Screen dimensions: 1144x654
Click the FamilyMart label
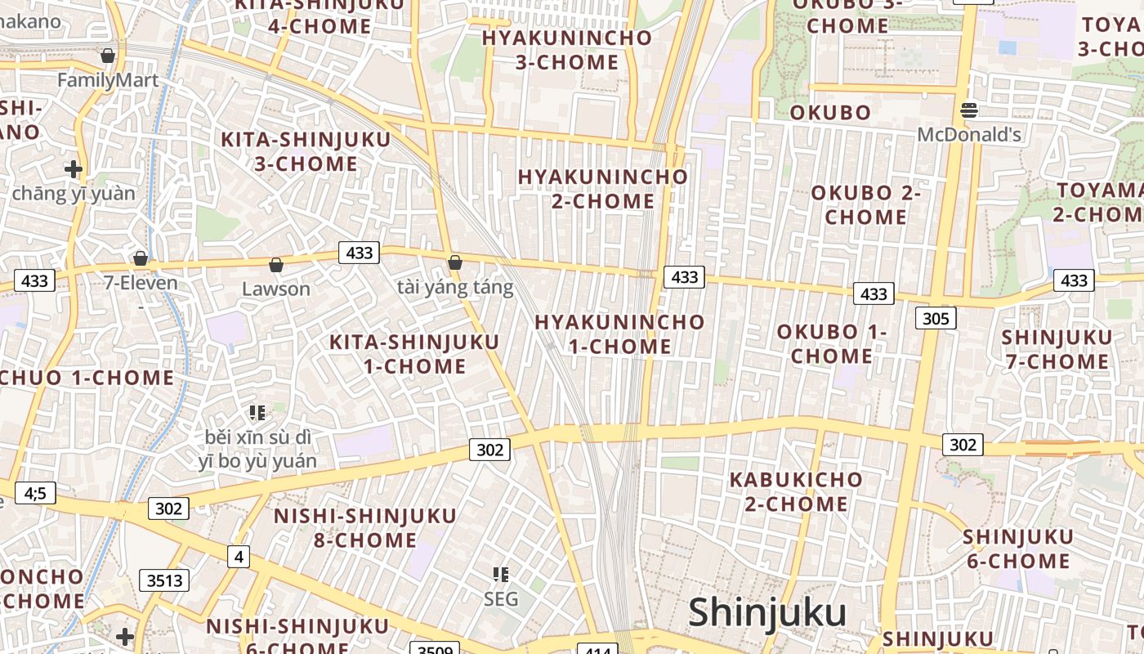pos(108,80)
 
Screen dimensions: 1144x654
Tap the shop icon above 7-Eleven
pos(141,258)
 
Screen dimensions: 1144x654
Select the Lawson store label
pos(276,289)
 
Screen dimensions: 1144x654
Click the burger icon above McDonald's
pos(969,110)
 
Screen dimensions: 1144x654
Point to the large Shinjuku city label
pos(766,612)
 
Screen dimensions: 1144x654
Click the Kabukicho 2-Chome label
pos(796,491)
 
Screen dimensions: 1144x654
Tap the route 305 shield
pos(936,318)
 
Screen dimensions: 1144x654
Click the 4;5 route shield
pos(34,493)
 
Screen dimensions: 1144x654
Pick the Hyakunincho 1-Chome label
pos(619,334)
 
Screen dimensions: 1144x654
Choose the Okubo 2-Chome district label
pos(865,205)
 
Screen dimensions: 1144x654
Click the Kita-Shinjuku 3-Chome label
pos(306,151)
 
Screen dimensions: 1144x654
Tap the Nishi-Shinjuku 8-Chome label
pos(364,528)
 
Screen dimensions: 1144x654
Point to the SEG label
pos(501,599)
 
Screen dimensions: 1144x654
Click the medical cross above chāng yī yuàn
pos(74,169)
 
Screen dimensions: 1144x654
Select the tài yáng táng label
pos(455,287)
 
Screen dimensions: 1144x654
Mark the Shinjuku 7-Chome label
pos(1057,349)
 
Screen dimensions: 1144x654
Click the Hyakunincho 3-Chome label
pos(566,50)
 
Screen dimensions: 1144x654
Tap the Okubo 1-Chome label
pos(831,344)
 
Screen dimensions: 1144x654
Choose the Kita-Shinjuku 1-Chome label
pos(413,354)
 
